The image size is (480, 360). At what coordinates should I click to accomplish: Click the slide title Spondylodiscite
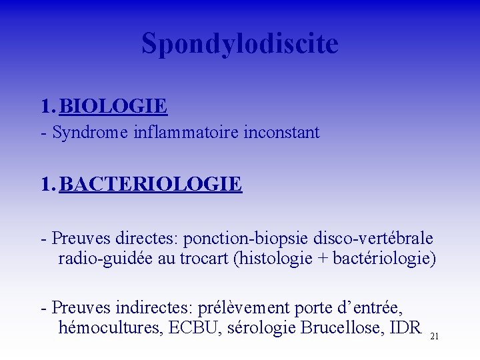pyautogui.click(x=240, y=44)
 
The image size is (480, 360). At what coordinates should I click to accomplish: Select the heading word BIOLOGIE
pyautogui.click(x=113, y=106)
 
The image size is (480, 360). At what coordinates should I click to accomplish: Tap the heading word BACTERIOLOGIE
pyautogui.click(x=151, y=183)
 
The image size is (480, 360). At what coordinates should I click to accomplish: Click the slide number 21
pyautogui.click(x=435, y=337)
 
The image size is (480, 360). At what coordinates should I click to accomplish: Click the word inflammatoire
pyautogui.click(x=176, y=133)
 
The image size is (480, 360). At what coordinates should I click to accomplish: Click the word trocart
pyautogui.click(x=203, y=259)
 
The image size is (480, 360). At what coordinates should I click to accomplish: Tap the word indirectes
pyautogui.click(x=153, y=307)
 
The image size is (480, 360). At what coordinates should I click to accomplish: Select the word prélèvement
pyautogui.click(x=246, y=307)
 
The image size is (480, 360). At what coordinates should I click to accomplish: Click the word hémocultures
pyautogui.click(x=107, y=328)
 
